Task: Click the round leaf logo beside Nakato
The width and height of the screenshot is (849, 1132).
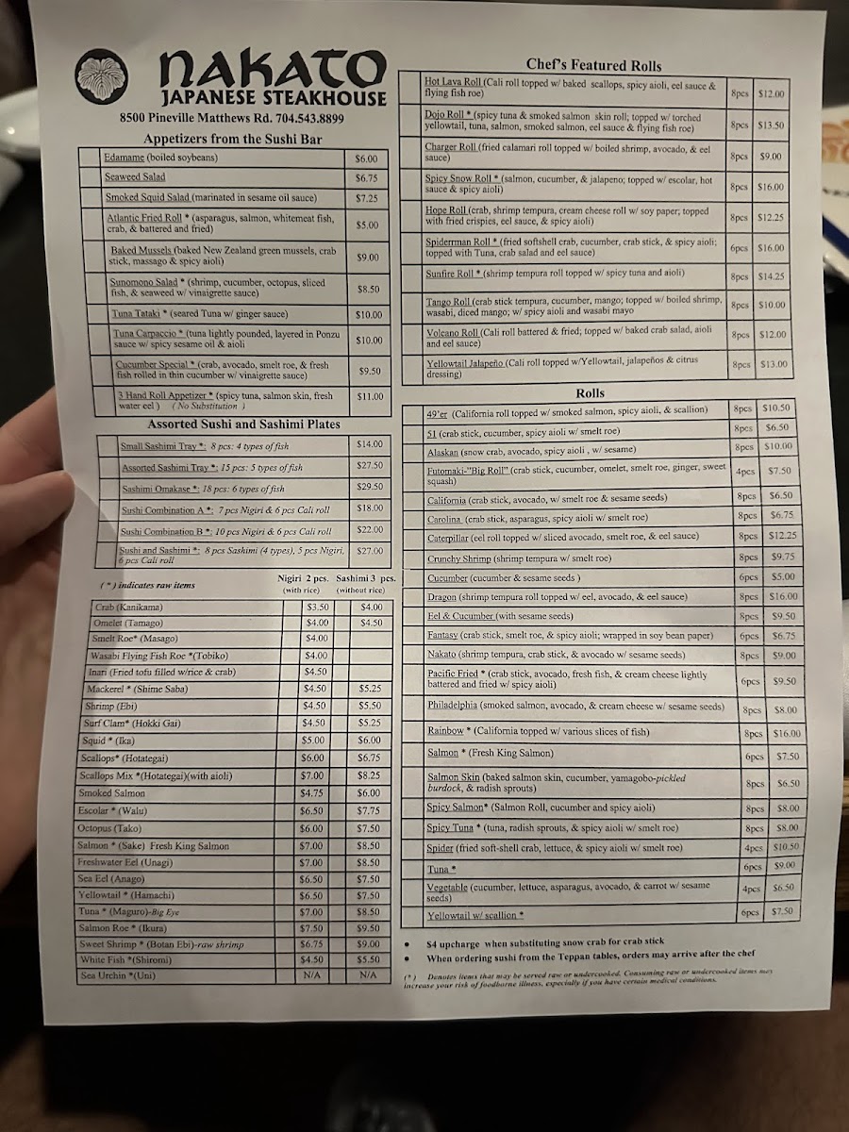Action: [103, 76]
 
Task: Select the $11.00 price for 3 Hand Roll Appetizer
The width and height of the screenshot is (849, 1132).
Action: [368, 397]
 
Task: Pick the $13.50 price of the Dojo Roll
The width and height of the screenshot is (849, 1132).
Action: [771, 125]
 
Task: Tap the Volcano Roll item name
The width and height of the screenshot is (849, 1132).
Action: [452, 331]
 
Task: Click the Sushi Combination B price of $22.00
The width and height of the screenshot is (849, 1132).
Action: [370, 530]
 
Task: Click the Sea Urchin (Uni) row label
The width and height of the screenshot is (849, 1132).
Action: [116, 975]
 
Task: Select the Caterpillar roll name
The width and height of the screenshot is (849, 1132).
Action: [452, 536]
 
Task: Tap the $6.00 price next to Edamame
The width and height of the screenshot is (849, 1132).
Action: [366, 158]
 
